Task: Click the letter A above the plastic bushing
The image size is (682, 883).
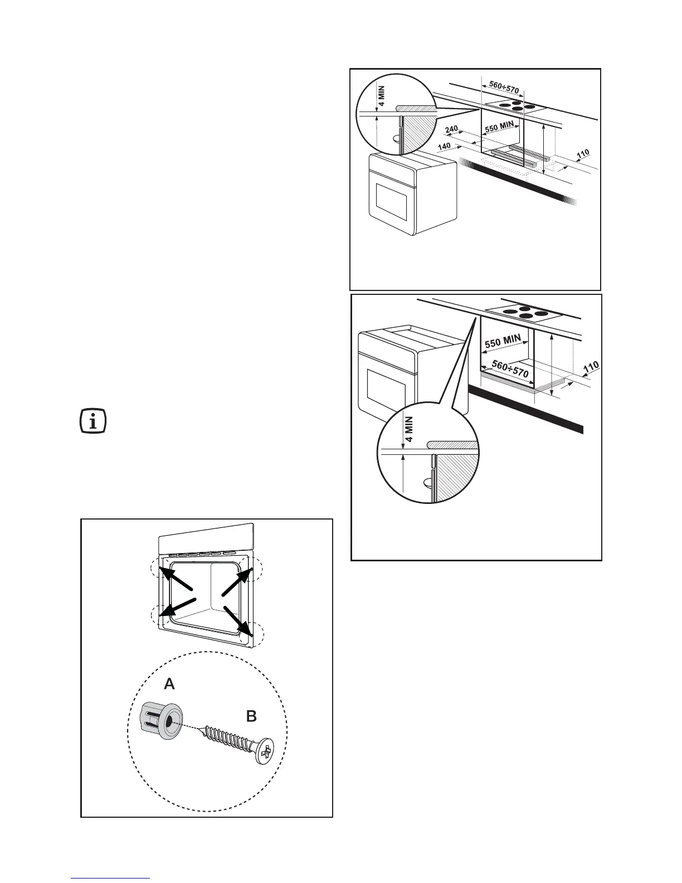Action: [x=169, y=684]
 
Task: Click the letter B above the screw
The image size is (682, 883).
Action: [x=252, y=716]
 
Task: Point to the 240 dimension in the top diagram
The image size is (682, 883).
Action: [x=451, y=130]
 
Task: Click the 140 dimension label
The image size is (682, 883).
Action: [x=444, y=147]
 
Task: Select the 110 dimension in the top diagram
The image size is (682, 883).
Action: [x=582, y=153]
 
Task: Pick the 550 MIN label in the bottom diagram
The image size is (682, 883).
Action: [x=503, y=341]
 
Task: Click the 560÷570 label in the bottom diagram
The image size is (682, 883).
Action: [x=509, y=369]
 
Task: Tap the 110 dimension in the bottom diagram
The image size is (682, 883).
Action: [x=591, y=368]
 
